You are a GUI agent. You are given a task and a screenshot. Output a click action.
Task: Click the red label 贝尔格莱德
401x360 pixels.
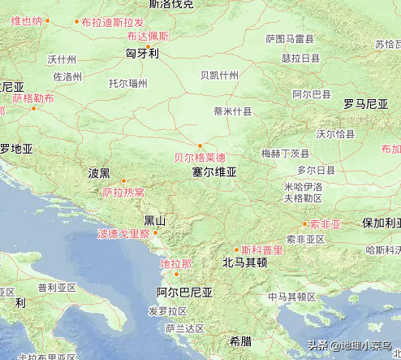tap(200, 158)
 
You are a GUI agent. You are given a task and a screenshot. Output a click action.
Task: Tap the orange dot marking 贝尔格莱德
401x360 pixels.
tap(200, 147)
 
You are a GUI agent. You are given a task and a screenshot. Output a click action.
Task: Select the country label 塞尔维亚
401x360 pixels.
tap(214, 172)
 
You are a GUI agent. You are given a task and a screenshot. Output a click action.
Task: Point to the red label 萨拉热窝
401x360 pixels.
tap(123, 193)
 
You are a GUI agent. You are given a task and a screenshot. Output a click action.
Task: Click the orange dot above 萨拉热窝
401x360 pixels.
tap(123, 180)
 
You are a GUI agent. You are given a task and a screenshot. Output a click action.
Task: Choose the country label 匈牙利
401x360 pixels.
tap(142, 54)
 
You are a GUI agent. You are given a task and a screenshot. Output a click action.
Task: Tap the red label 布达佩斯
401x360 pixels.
tap(148, 36)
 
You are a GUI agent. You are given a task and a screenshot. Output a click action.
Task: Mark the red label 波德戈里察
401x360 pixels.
tap(123, 234)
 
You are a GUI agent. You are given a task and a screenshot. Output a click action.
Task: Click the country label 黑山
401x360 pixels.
tap(154, 221)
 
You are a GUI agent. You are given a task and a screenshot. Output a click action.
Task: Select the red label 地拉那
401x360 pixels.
tap(176, 264)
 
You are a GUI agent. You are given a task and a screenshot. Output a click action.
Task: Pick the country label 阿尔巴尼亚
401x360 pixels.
tap(184, 293)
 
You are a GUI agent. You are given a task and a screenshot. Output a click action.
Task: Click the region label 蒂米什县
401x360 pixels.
tap(232, 111)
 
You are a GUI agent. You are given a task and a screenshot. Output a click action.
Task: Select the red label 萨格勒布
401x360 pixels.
tap(32, 98)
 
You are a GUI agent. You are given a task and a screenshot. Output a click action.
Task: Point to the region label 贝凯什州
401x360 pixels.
tap(219, 75)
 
